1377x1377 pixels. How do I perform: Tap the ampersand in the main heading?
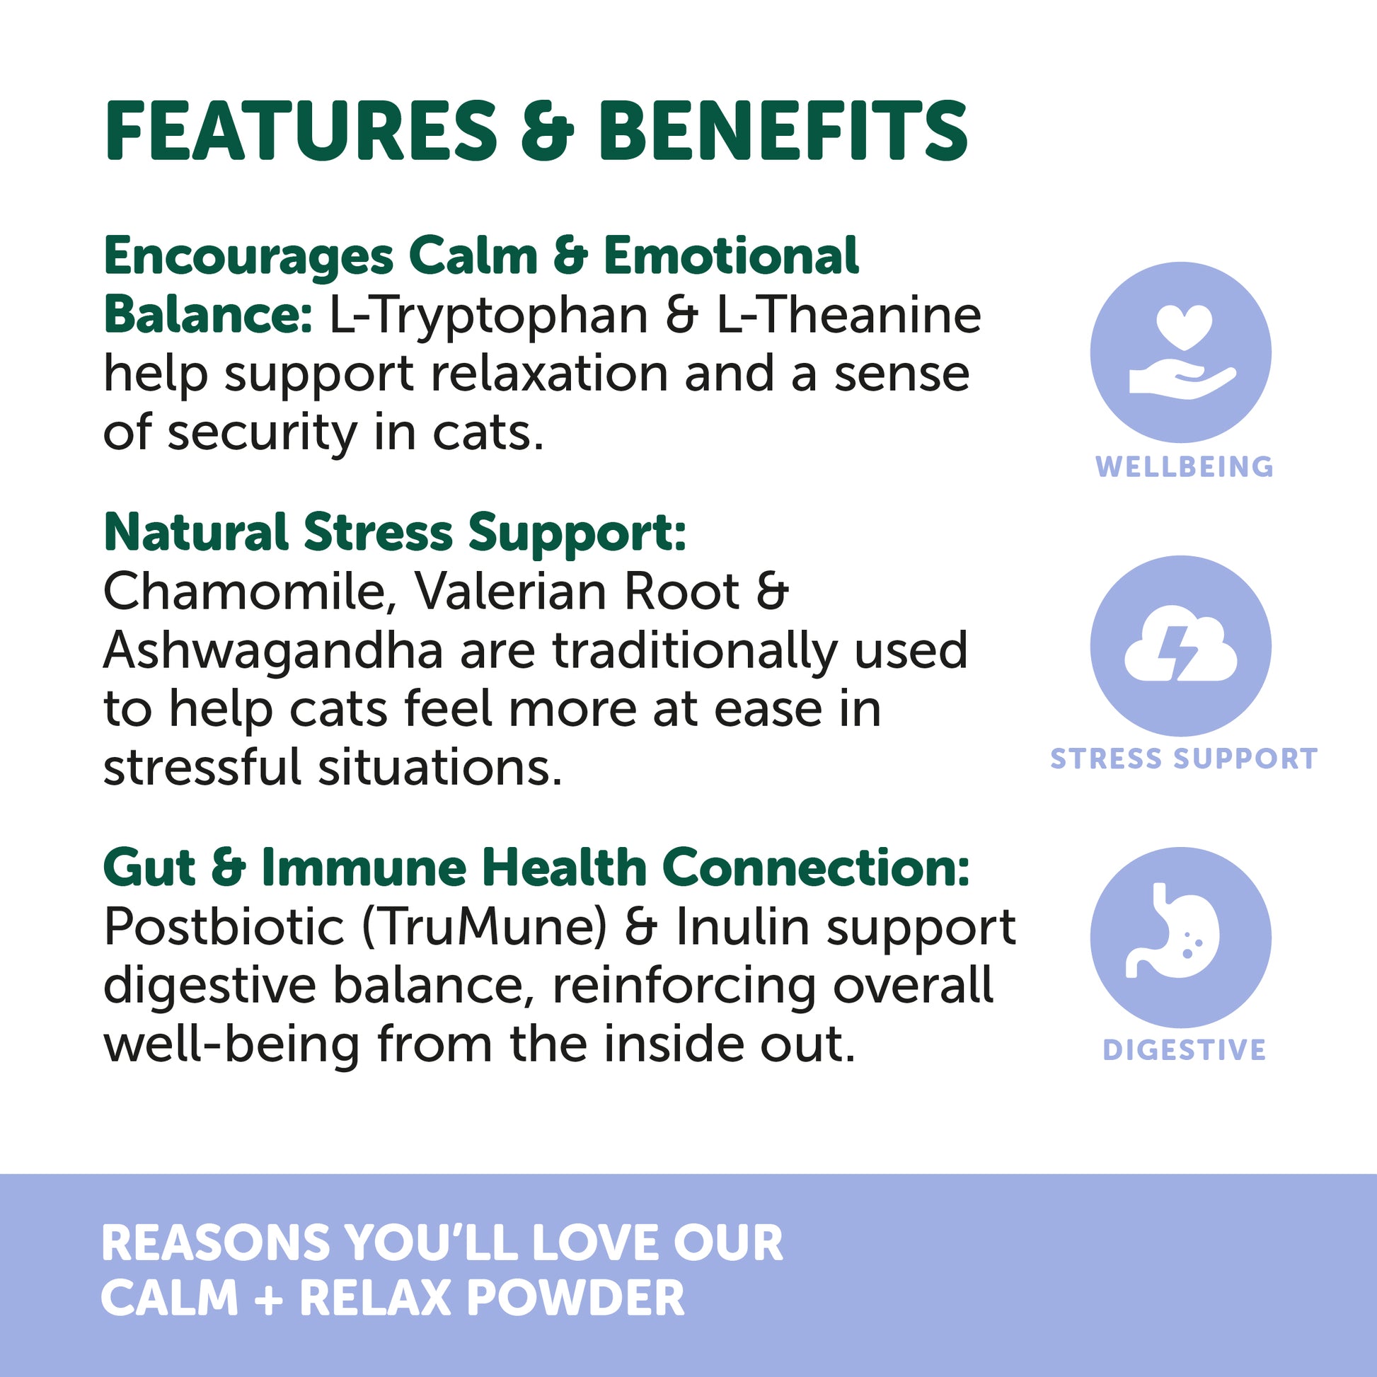547,132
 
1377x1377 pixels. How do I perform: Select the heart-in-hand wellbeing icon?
1180,352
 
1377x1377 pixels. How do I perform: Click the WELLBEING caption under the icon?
1184,467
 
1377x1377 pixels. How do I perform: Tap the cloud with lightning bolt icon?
1180,646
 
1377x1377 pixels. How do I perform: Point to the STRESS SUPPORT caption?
1184,759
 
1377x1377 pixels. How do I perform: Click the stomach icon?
1180,938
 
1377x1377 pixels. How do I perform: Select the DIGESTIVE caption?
1184,1050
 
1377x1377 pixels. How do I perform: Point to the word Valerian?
509,592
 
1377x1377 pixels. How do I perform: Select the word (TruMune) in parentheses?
484,927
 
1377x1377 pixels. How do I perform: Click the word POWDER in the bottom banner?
575,1298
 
